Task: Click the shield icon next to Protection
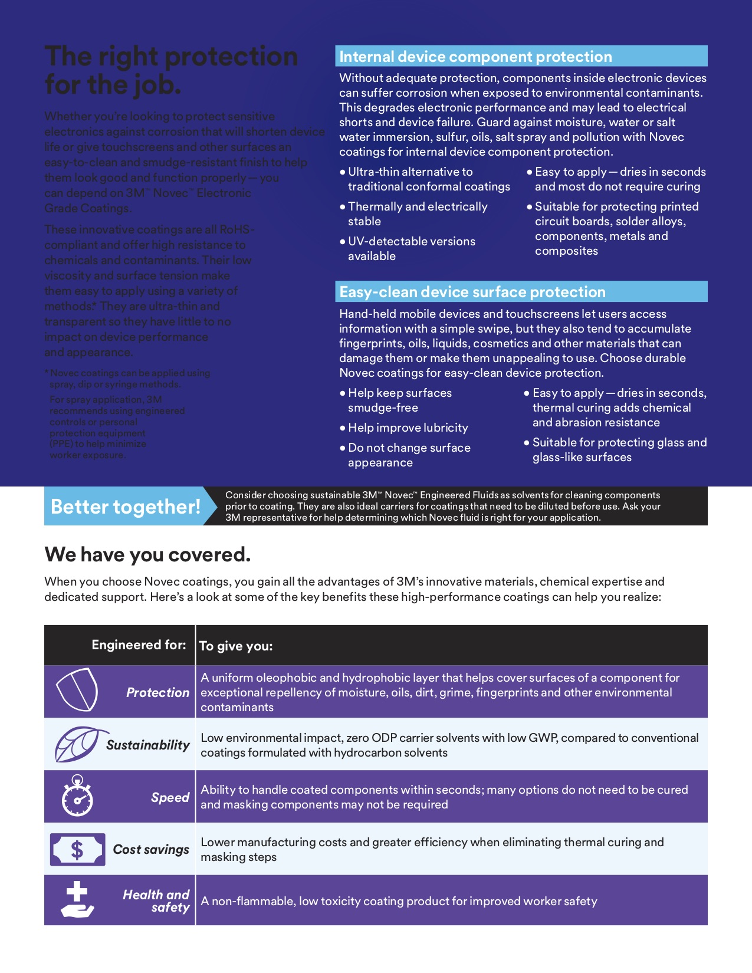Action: pos(77,690)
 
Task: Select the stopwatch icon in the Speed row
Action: pos(77,796)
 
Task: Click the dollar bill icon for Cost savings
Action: pos(77,849)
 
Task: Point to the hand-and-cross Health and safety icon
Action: pos(77,900)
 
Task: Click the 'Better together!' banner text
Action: pos(126,507)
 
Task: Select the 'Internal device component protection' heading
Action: pos(475,57)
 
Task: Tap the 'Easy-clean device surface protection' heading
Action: pos(472,292)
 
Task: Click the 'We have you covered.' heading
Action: pos(147,554)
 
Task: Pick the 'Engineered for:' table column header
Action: pos(139,645)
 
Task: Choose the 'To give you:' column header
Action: pos(236,646)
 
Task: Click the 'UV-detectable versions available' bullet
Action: pos(411,248)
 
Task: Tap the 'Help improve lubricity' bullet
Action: pos(408,428)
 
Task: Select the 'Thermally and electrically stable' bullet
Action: pos(417,213)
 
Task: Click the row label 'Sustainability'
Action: pos(148,745)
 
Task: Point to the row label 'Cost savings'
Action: pos(151,849)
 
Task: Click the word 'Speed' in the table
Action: pos(170,797)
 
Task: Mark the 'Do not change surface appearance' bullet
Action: pos(409,455)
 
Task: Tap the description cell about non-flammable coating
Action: pos(399,901)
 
